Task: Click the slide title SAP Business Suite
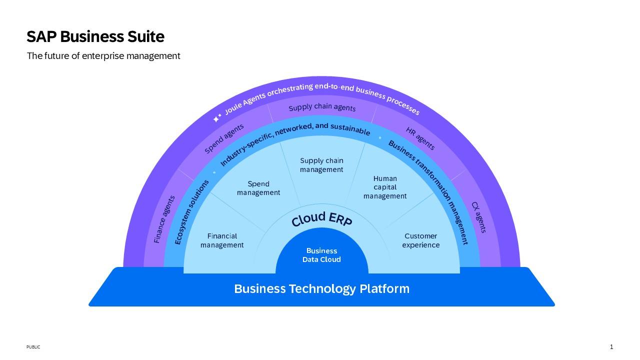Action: click(x=95, y=36)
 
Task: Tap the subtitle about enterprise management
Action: click(x=103, y=55)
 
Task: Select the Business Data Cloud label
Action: click(x=321, y=255)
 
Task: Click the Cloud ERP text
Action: click(x=322, y=219)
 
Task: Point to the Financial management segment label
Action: click(x=222, y=240)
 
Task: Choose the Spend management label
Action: click(x=258, y=188)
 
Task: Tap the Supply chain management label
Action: click(x=321, y=165)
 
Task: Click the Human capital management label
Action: click(x=385, y=187)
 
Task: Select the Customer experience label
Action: click(x=421, y=240)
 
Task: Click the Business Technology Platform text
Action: click(x=321, y=288)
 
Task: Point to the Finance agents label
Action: click(x=164, y=219)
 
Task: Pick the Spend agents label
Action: click(x=224, y=138)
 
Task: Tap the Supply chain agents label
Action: click(x=322, y=107)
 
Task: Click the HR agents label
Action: click(x=420, y=138)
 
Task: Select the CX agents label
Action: click(x=479, y=217)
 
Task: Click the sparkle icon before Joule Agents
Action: click(x=217, y=117)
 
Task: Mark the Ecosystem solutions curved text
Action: click(x=191, y=212)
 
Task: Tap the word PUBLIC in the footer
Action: click(x=33, y=347)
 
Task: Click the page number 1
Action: click(x=611, y=347)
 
